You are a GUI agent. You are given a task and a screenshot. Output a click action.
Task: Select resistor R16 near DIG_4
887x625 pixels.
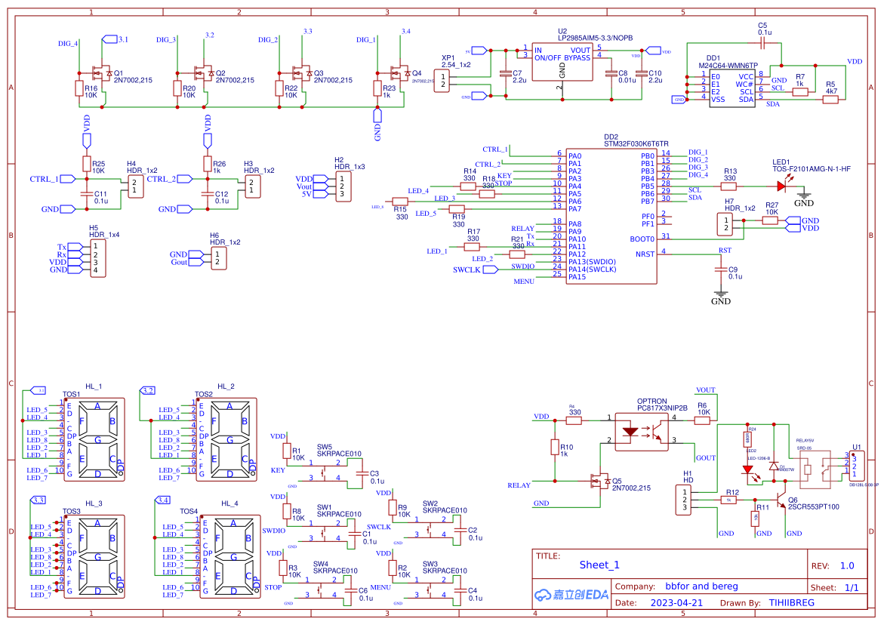pyautogui.click(x=79, y=88)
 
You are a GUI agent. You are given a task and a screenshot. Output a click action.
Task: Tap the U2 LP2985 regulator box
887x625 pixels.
pyautogui.click(x=562, y=63)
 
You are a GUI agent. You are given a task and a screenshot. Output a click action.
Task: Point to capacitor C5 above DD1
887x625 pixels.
pyautogui.click(x=762, y=45)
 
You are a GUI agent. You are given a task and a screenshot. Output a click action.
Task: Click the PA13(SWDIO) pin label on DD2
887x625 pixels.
pyautogui.click(x=592, y=262)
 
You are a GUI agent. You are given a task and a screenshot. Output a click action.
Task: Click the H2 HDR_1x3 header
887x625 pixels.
pyautogui.click(x=341, y=186)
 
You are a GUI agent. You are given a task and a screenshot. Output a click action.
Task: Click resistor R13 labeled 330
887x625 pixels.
pyautogui.click(x=728, y=186)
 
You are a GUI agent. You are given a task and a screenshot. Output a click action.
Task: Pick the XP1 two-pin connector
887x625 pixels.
pyautogui.click(x=442, y=80)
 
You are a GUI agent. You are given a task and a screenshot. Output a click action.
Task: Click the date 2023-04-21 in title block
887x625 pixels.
pyautogui.click(x=676, y=603)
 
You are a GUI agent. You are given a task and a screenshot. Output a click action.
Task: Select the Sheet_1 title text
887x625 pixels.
pyautogui.click(x=599, y=565)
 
